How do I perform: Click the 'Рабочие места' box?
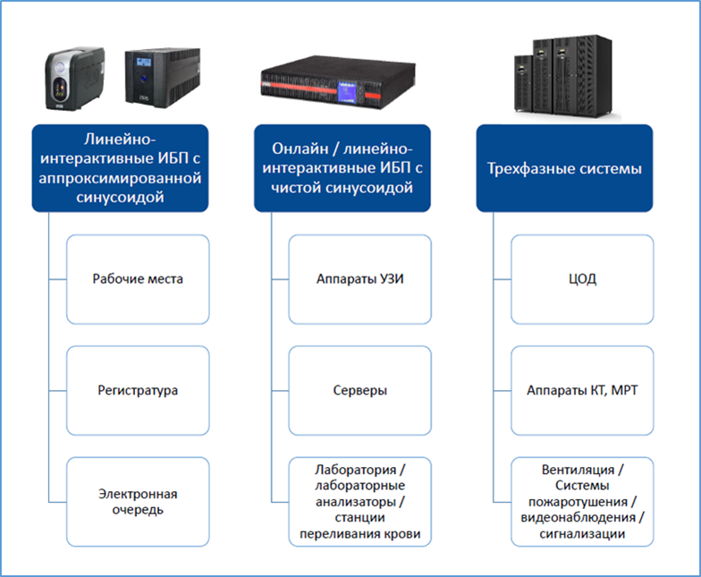point(138,279)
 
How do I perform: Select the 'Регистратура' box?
point(138,391)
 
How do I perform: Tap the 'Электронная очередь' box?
point(138,502)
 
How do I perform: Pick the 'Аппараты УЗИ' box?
point(359,279)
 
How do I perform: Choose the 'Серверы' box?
point(359,391)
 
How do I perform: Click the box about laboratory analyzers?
point(359,502)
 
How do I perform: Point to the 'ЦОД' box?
point(582,279)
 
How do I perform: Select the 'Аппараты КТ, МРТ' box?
point(582,391)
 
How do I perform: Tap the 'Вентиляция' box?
point(582,502)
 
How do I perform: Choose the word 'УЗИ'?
point(389,279)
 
